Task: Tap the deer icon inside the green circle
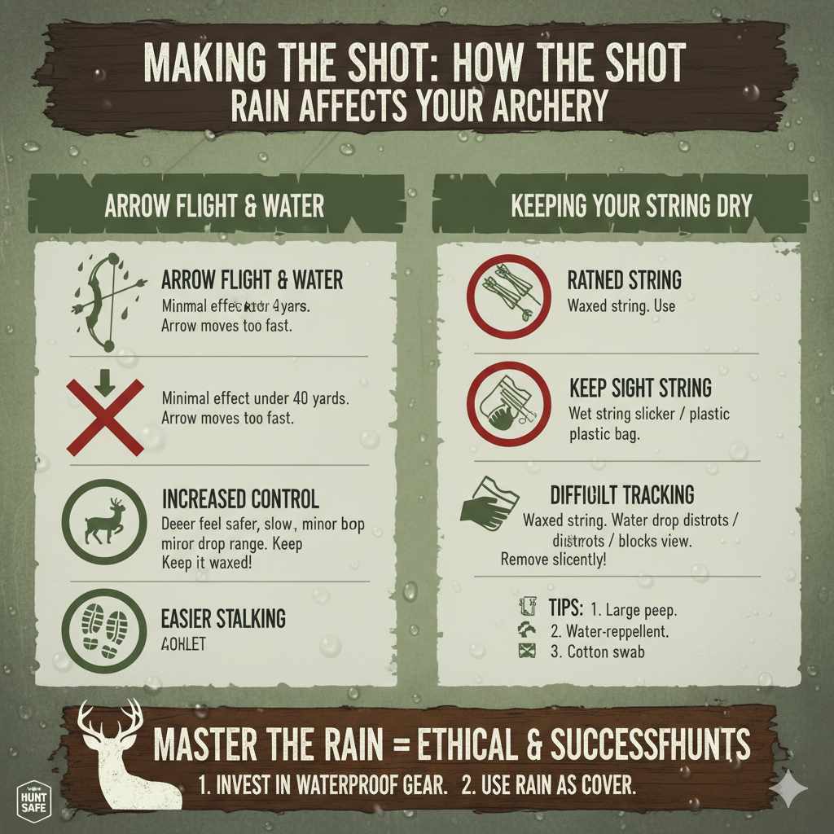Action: tap(104, 521)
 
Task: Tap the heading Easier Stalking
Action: tap(223, 619)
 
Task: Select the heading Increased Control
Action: tap(240, 499)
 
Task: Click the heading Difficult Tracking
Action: tap(622, 494)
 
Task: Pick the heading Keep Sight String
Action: tap(640, 388)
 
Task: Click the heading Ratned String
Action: tap(624, 281)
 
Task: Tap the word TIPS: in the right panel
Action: tap(566, 608)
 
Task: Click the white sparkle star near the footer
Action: tap(790, 788)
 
